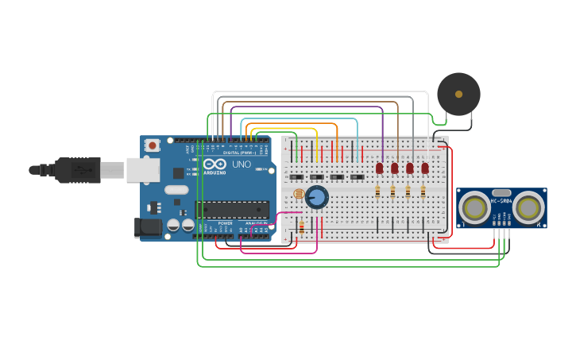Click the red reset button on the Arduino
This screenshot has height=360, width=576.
pos(152,145)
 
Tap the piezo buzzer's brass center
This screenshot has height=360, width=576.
pos(458,94)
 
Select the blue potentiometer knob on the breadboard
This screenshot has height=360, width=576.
pos(317,197)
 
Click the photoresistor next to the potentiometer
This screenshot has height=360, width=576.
pos(299,194)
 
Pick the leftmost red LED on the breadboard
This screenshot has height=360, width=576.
pos(380,168)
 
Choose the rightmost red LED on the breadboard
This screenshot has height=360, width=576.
pos(425,168)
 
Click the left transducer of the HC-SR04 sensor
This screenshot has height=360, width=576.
pos(475,208)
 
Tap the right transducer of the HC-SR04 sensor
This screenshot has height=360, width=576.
pos(528,208)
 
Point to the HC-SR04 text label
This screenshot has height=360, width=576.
pos(501,201)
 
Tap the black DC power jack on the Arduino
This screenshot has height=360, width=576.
pos(149,227)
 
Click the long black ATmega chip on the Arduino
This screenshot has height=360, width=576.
pos(232,210)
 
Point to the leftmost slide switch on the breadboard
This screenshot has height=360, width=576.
pos(296,176)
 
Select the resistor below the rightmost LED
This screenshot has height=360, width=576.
pos(423,192)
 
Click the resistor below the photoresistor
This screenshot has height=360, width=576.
pos(301,228)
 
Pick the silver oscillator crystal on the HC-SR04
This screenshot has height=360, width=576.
pos(501,192)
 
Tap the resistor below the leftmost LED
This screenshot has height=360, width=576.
pos(377,192)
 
